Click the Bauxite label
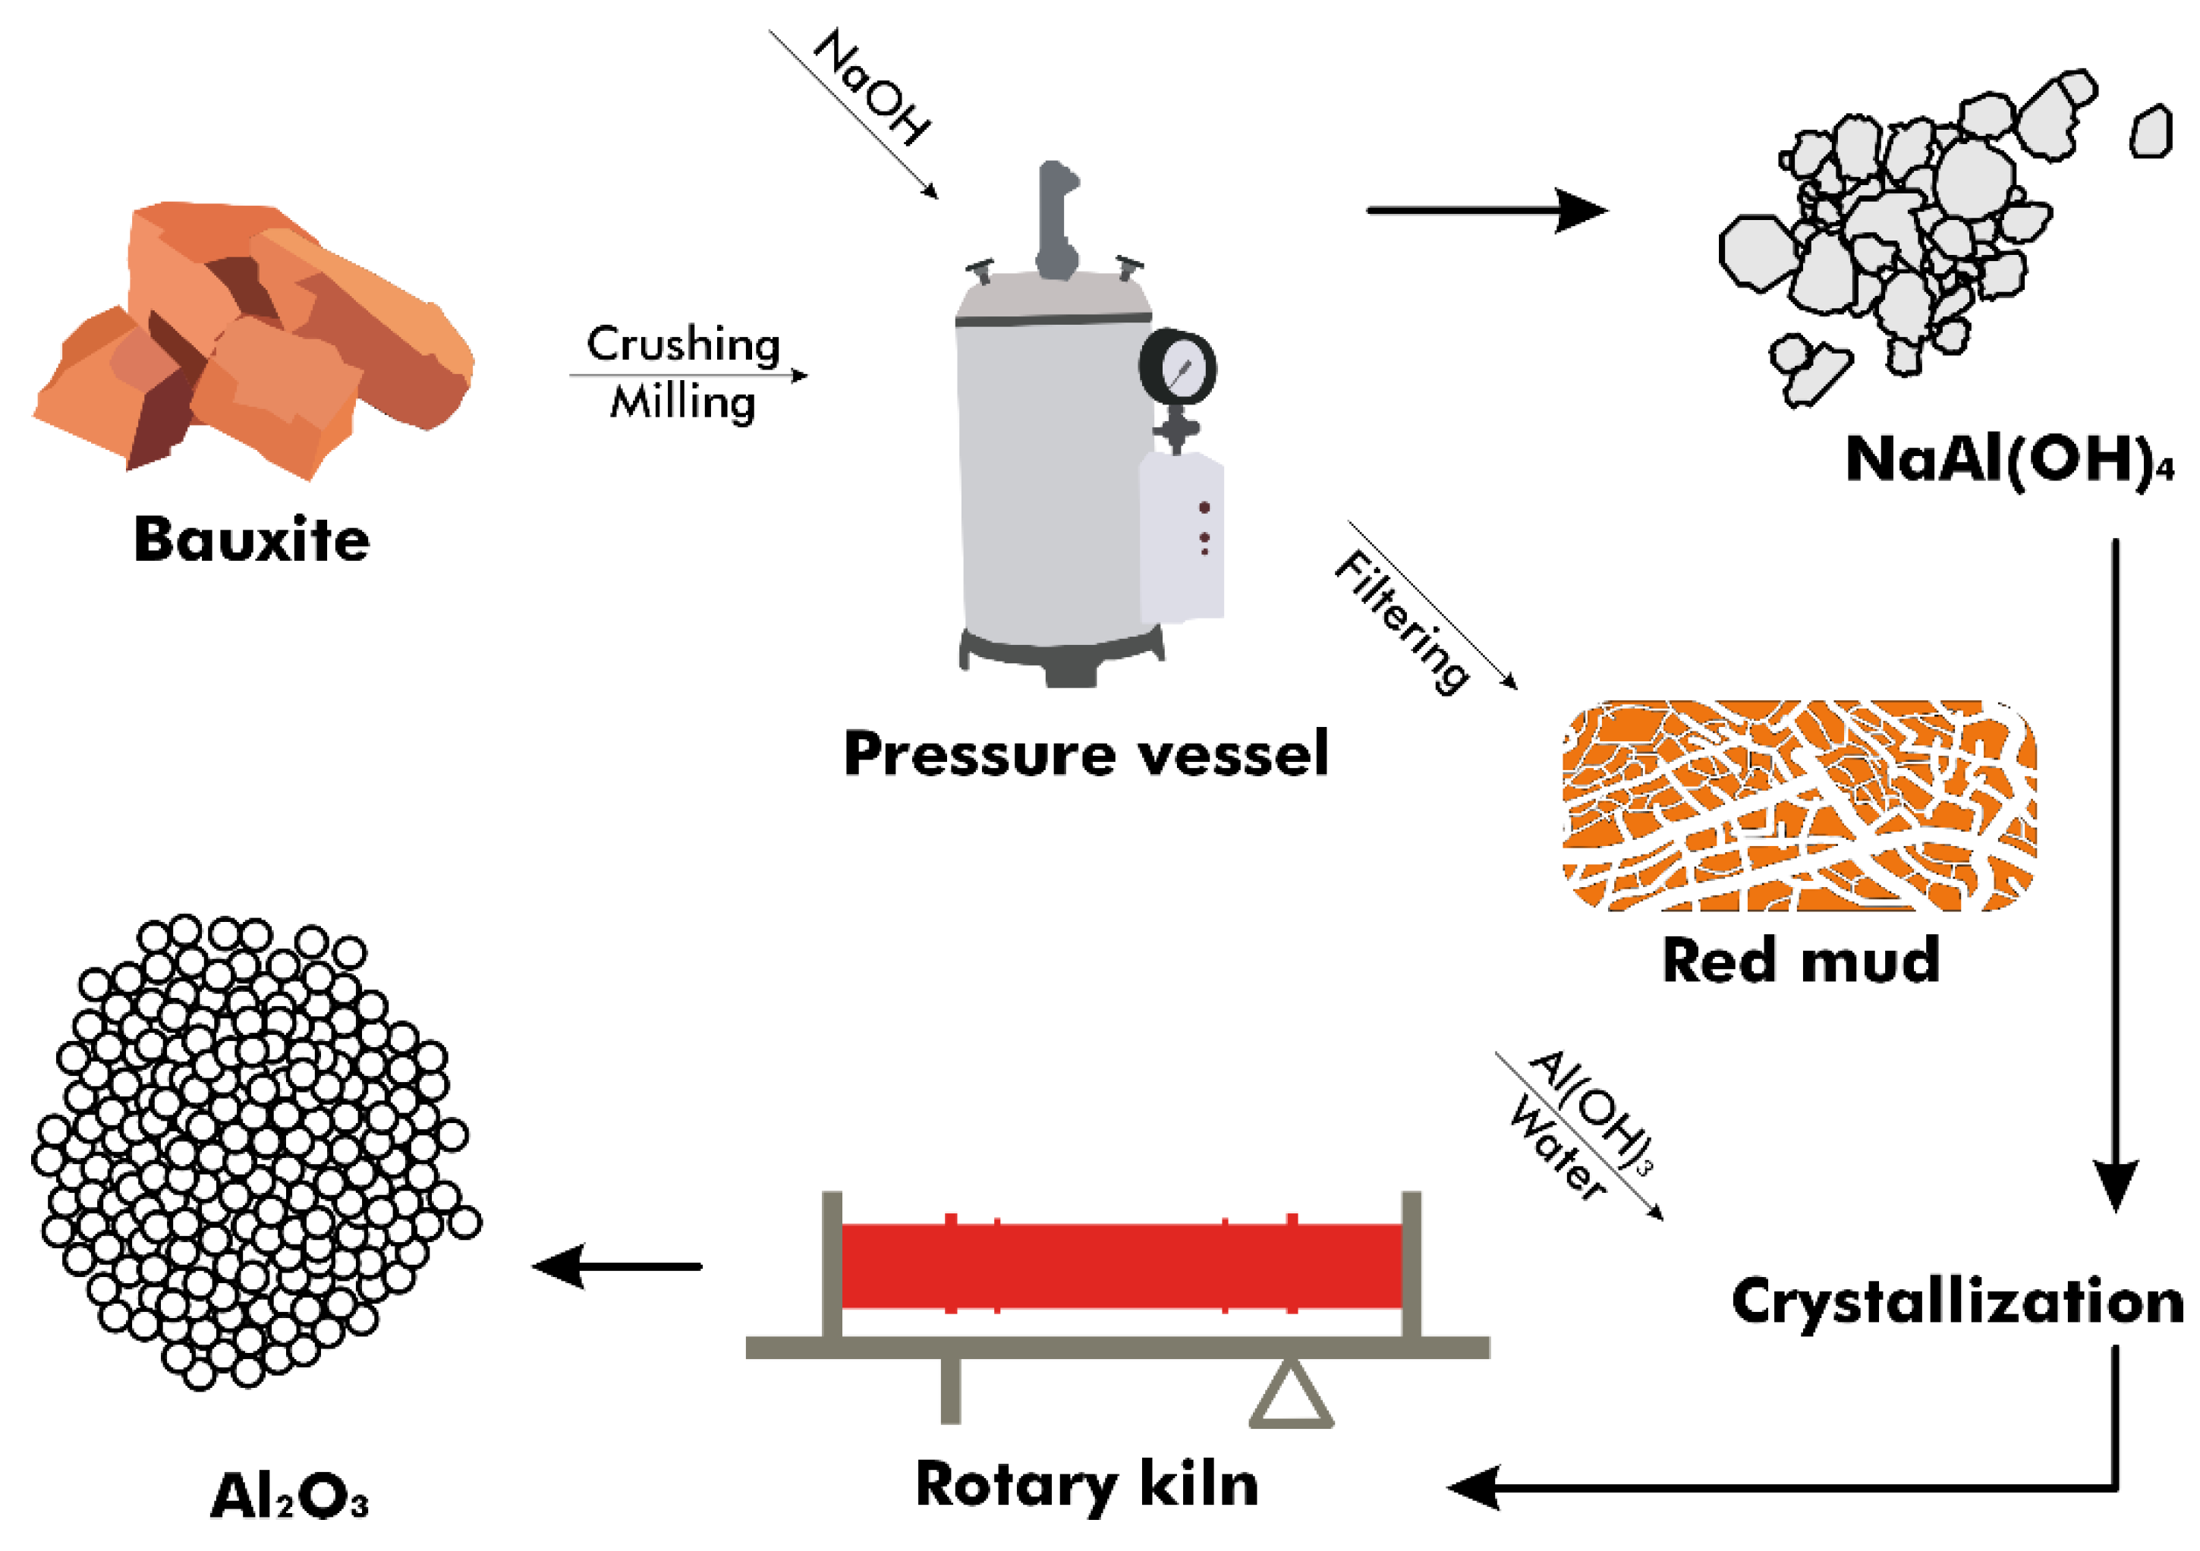(x=251, y=540)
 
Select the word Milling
(x=683, y=402)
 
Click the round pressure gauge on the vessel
(x=1178, y=367)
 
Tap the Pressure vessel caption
(x=1086, y=754)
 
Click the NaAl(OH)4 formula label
(x=2007, y=460)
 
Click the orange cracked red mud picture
(x=1799, y=805)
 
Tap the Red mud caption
(x=1800, y=961)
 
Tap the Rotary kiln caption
(x=1087, y=1486)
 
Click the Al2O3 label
(x=288, y=1496)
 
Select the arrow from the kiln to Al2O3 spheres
(x=618, y=1266)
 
